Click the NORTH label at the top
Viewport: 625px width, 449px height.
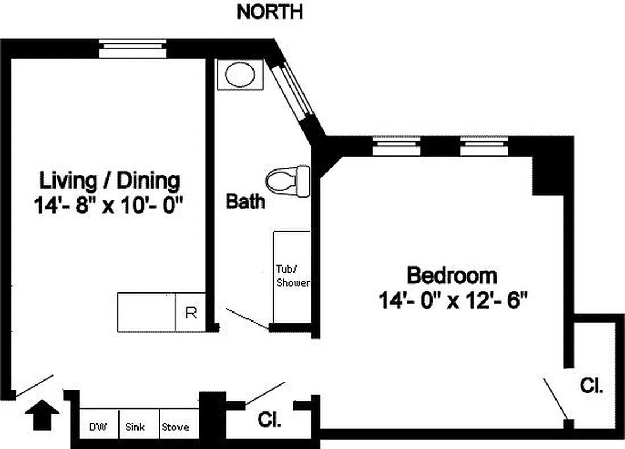coord(269,12)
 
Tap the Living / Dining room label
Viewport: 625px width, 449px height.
coord(110,181)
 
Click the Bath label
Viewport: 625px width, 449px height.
coord(245,201)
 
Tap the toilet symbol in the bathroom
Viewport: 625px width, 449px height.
coord(288,181)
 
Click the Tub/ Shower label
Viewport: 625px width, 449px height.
coord(292,275)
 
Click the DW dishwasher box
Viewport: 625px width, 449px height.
coord(98,427)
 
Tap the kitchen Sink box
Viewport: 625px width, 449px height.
coord(135,427)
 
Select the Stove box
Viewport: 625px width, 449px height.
coord(176,427)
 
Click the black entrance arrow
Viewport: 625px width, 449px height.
coord(42,415)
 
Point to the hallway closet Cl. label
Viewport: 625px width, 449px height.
coord(269,419)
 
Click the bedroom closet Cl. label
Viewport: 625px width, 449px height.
coord(591,386)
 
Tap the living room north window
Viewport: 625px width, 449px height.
coord(133,48)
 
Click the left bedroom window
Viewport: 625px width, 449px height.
coord(397,146)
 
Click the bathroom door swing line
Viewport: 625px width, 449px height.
coord(247,318)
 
